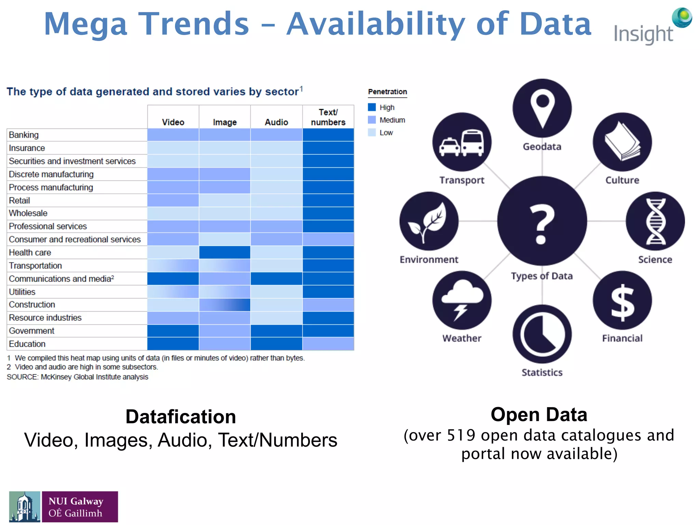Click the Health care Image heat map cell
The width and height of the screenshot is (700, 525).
click(225, 253)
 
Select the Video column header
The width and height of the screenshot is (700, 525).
click(173, 122)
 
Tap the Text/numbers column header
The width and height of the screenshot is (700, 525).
click(328, 117)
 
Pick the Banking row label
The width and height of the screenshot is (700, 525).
click(24, 135)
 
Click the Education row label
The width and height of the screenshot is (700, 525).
click(27, 344)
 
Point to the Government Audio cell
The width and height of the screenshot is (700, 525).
click(276, 331)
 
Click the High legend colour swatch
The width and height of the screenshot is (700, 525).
click(372, 107)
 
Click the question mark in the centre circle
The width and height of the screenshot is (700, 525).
click(542, 224)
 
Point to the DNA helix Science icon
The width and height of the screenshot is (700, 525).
click(656, 221)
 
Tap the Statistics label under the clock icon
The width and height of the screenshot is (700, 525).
click(542, 372)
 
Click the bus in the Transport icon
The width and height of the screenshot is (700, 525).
click(472, 143)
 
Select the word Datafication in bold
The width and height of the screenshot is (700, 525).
click(181, 417)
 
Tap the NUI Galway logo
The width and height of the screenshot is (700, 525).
click(64, 507)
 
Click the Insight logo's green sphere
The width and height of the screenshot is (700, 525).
click(682, 17)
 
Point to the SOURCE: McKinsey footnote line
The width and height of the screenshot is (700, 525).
click(78, 377)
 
